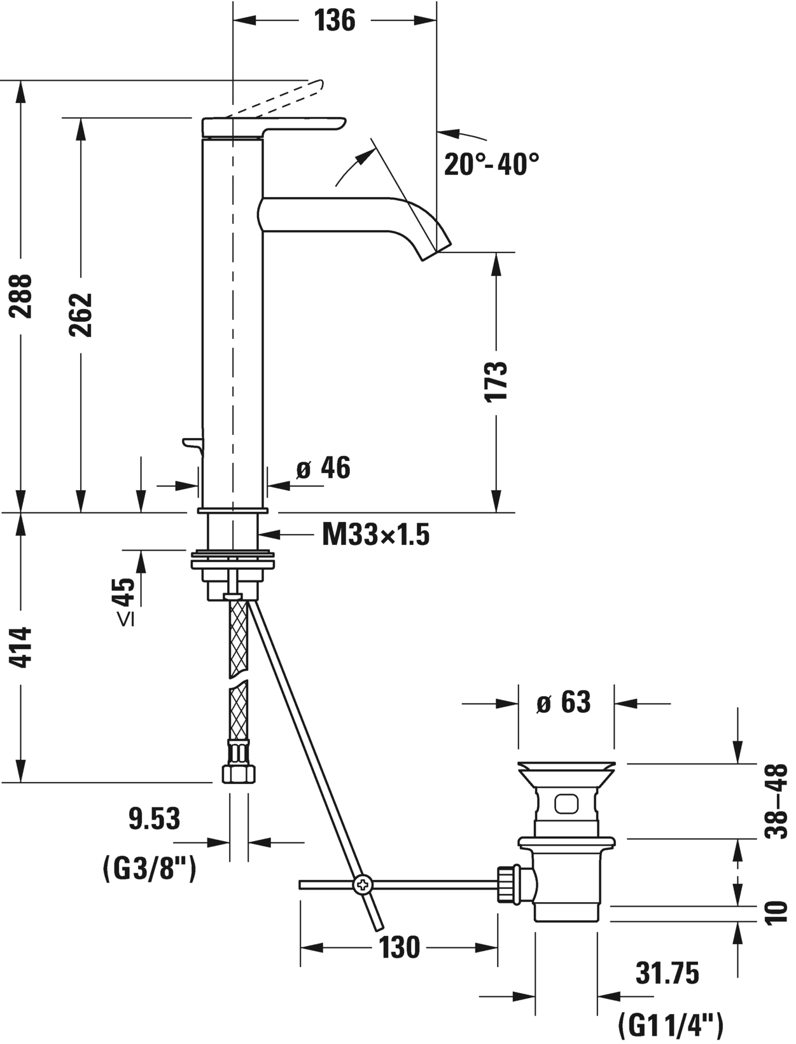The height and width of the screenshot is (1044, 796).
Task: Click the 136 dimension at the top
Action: pyautogui.click(x=335, y=20)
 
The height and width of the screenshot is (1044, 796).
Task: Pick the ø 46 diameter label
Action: pyautogui.click(x=323, y=469)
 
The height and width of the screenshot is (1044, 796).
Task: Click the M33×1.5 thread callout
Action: pyautogui.click(x=375, y=535)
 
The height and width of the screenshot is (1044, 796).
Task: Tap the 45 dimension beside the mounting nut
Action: pyautogui.click(x=125, y=593)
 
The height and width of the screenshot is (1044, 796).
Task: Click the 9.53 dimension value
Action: pyautogui.click(x=155, y=819)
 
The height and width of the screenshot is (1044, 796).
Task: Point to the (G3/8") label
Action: pyautogui.click(x=149, y=869)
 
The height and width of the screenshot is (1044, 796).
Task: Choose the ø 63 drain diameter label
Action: pyautogui.click(x=564, y=703)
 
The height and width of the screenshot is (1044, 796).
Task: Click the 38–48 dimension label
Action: pyautogui.click(x=778, y=802)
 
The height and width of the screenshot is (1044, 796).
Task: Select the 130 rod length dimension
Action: pyautogui.click(x=400, y=948)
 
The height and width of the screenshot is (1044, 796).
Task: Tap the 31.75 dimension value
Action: pyautogui.click(x=667, y=973)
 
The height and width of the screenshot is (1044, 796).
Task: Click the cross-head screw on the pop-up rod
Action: pyautogui.click(x=363, y=884)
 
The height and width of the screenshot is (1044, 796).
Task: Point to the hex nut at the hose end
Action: pyautogui.click(x=239, y=774)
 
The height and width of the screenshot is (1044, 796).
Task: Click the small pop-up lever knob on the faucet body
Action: pyautogui.click(x=191, y=442)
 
